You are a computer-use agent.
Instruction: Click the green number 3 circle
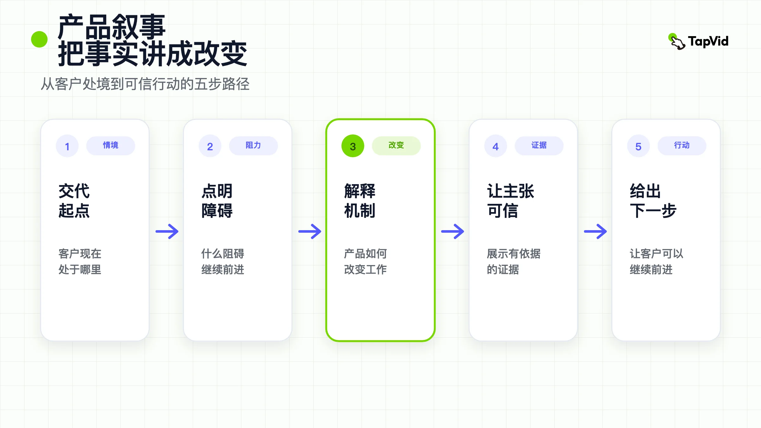point(353,146)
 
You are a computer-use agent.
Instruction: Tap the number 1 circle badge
point(67,146)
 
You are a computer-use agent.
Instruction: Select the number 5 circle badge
point(638,146)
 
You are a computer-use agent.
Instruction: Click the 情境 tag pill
point(111,146)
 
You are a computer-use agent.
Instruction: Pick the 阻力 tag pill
point(253,146)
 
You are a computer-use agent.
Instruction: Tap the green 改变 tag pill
point(396,146)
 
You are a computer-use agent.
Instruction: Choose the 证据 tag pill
point(539,146)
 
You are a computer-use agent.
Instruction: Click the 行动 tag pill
point(682,146)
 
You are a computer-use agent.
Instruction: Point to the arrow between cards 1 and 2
point(167,231)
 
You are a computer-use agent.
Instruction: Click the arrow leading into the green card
point(310,231)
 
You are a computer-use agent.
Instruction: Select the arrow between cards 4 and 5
point(595,231)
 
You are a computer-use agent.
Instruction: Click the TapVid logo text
point(708,42)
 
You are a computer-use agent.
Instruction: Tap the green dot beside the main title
point(39,39)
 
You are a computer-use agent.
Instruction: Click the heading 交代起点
point(74,201)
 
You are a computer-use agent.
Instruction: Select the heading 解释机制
point(360,201)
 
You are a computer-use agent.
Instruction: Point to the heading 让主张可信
point(511,201)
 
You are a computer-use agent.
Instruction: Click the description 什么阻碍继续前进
point(223,262)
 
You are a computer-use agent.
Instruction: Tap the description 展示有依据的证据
point(514,262)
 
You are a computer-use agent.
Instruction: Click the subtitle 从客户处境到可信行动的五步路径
point(145,84)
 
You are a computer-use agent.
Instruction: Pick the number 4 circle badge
point(496,146)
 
